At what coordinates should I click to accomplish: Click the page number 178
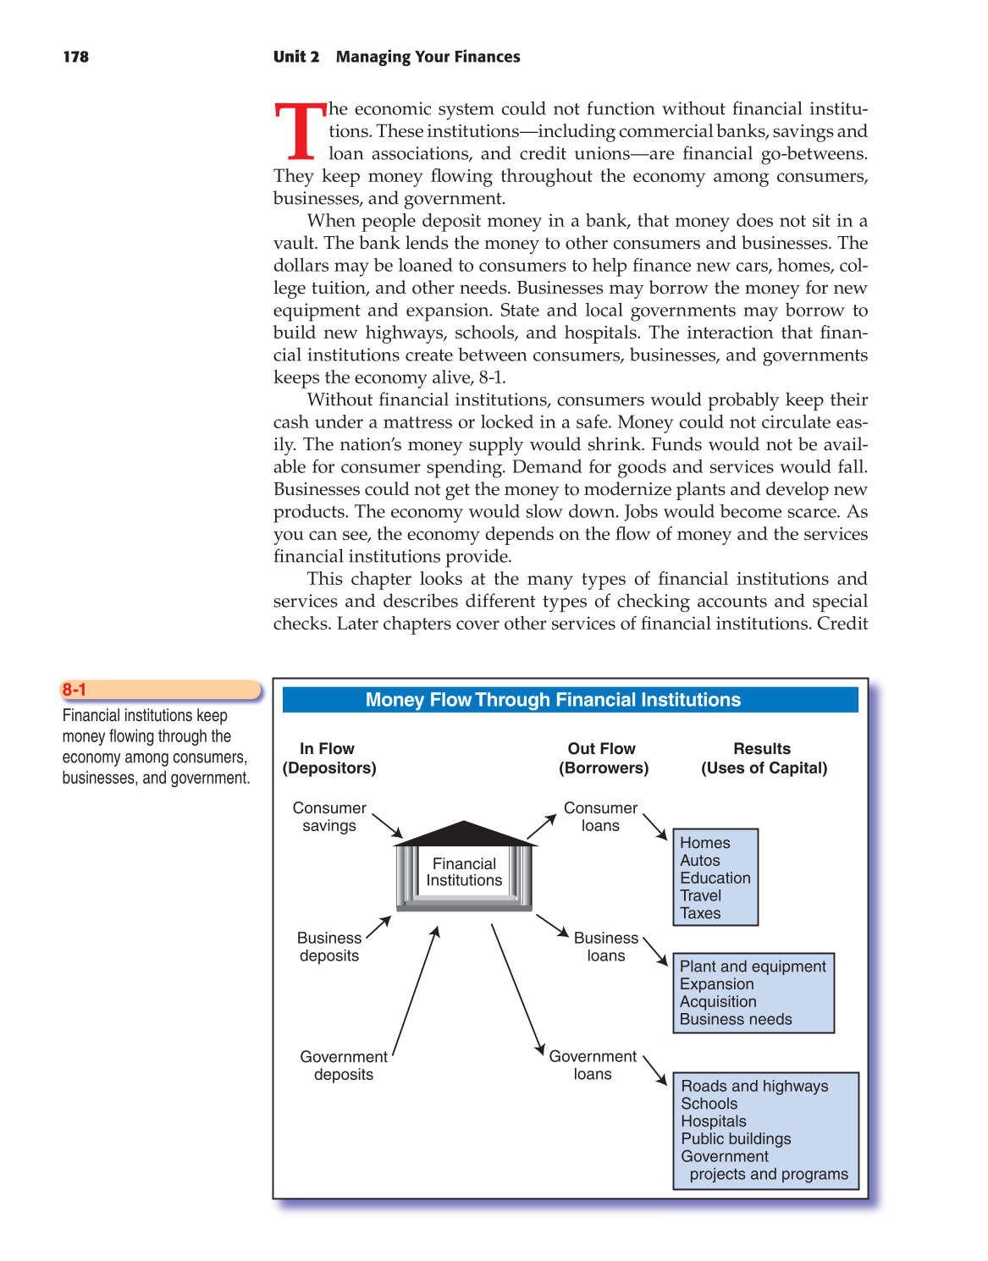(75, 57)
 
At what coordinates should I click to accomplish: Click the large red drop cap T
(300, 132)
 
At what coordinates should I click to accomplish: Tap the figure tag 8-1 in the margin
(75, 690)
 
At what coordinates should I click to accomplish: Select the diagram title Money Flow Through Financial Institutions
(553, 700)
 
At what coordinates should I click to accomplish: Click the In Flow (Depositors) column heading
(328, 758)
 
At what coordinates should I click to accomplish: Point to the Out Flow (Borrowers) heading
(603, 758)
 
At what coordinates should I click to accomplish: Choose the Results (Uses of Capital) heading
(764, 758)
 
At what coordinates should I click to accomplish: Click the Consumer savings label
(329, 817)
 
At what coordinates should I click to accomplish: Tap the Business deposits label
(329, 947)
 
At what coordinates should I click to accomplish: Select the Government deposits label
(344, 1066)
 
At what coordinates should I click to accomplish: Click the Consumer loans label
(600, 817)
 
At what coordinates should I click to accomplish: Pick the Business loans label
(606, 947)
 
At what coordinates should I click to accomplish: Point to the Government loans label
(593, 1066)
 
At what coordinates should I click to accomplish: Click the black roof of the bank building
(464, 834)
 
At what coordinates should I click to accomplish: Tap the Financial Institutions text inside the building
(464, 872)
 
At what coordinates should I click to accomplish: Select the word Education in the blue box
(715, 878)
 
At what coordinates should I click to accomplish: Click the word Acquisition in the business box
(718, 1001)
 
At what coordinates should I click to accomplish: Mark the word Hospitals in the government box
(714, 1121)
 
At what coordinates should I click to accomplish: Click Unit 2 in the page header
(296, 57)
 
